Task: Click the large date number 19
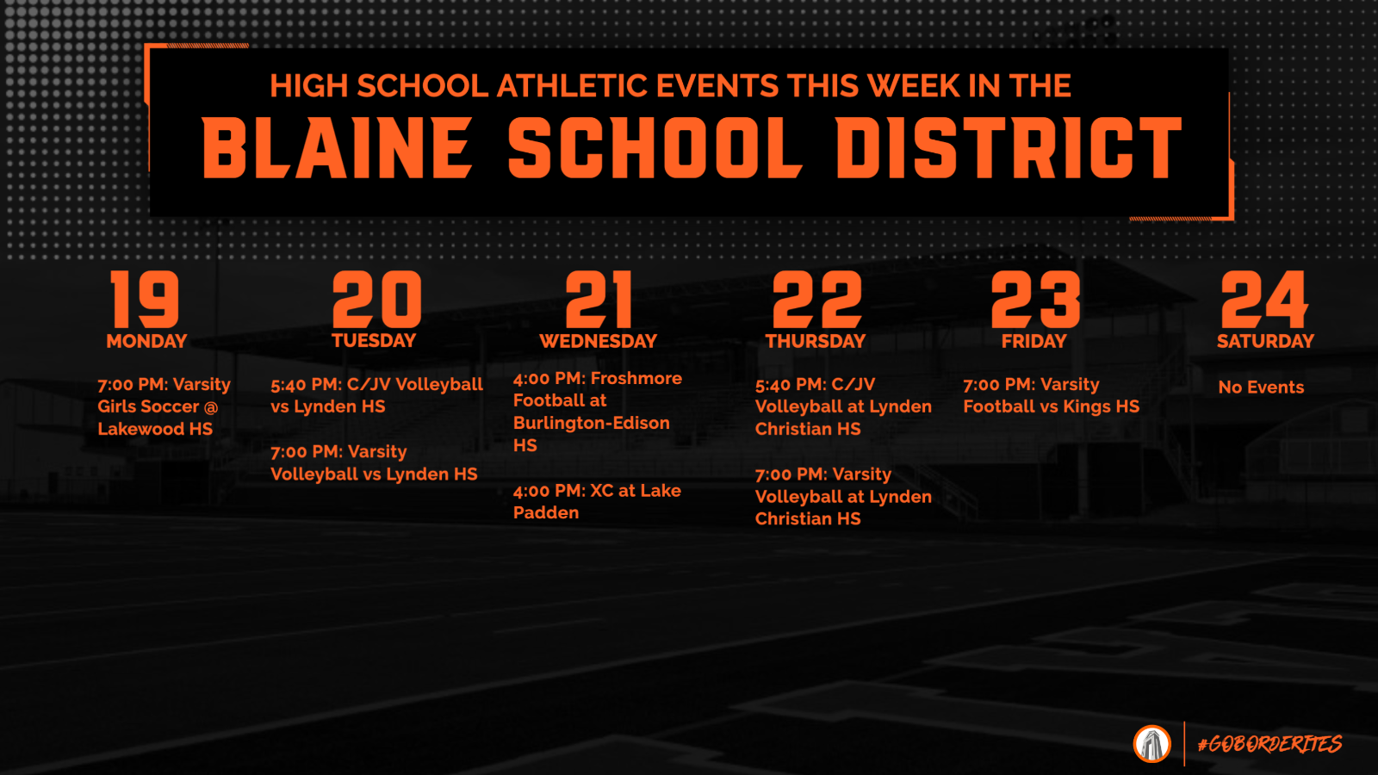145,300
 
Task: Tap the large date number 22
816,300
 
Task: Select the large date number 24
1264,300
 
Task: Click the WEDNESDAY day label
598,341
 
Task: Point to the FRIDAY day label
1033,341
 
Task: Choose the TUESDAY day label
374,341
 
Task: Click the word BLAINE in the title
337,148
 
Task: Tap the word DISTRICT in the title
1009,148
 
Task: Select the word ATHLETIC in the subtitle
573,86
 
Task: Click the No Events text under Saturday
1261,387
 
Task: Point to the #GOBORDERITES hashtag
1269,744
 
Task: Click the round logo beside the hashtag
1151,744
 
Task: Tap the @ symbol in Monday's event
211,407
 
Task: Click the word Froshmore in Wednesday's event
636,378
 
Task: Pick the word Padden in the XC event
546,513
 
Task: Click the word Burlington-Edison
591,423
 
